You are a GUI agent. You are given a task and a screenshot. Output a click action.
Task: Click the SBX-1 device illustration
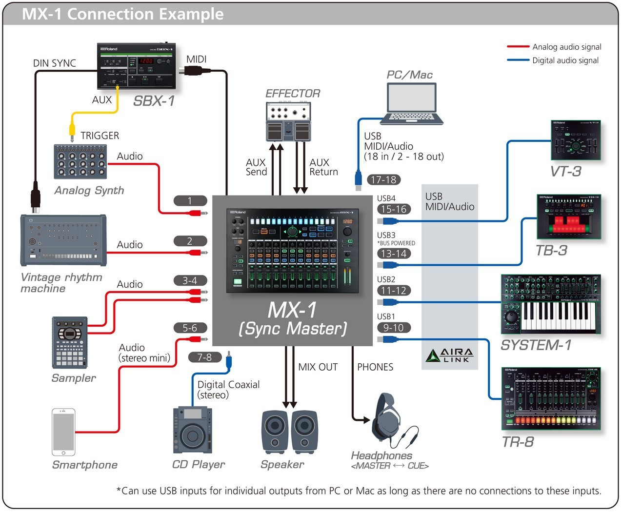click(x=136, y=66)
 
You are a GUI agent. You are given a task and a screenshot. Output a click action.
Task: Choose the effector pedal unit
click(x=288, y=122)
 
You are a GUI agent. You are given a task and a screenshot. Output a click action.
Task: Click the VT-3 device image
click(x=576, y=140)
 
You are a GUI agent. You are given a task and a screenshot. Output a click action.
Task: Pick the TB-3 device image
click(x=569, y=217)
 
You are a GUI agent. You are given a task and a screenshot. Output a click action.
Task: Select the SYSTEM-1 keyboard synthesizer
click(x=551, y=304)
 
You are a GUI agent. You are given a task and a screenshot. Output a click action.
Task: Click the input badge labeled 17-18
click(x=383, y=180)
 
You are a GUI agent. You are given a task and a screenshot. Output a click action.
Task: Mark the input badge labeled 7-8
click(x=204, y=357)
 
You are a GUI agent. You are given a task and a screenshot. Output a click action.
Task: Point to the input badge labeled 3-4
click(x=190, y=281)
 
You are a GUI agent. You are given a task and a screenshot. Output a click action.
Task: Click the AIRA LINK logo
click(x=449, y=355)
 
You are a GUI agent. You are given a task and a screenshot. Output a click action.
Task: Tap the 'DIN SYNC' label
click(x=55, y=63)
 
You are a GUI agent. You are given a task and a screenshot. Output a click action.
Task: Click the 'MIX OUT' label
click(x=318, y=367)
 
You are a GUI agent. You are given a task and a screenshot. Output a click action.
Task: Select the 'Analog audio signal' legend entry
click(x=566, y=47)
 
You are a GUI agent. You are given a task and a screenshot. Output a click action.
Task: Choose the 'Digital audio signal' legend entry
click(x=565, y=60)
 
